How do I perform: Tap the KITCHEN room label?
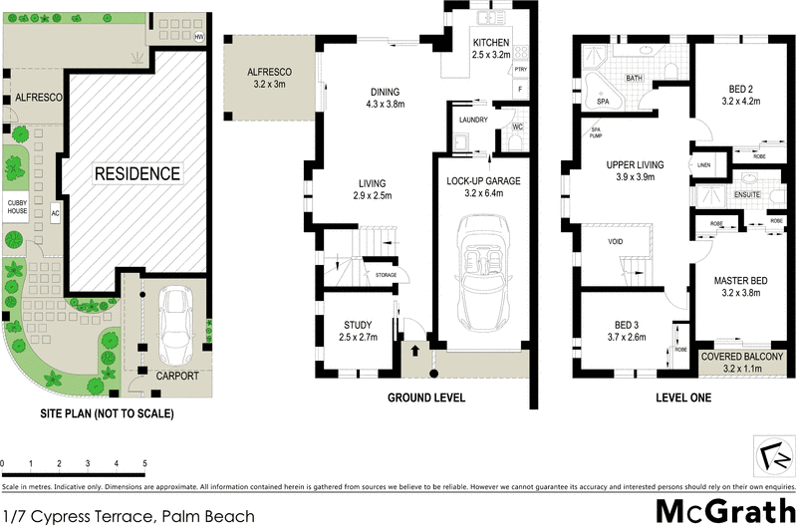click(491, 42)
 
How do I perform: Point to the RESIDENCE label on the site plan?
click(137, 174)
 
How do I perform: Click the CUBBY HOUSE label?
click(18, 206)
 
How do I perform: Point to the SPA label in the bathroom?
click(603, 102)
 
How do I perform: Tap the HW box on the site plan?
click(199, 38)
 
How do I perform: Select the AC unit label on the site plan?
click(56, 213)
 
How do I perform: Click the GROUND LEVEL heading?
click(425, 396)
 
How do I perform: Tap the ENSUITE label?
click(748, 196)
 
